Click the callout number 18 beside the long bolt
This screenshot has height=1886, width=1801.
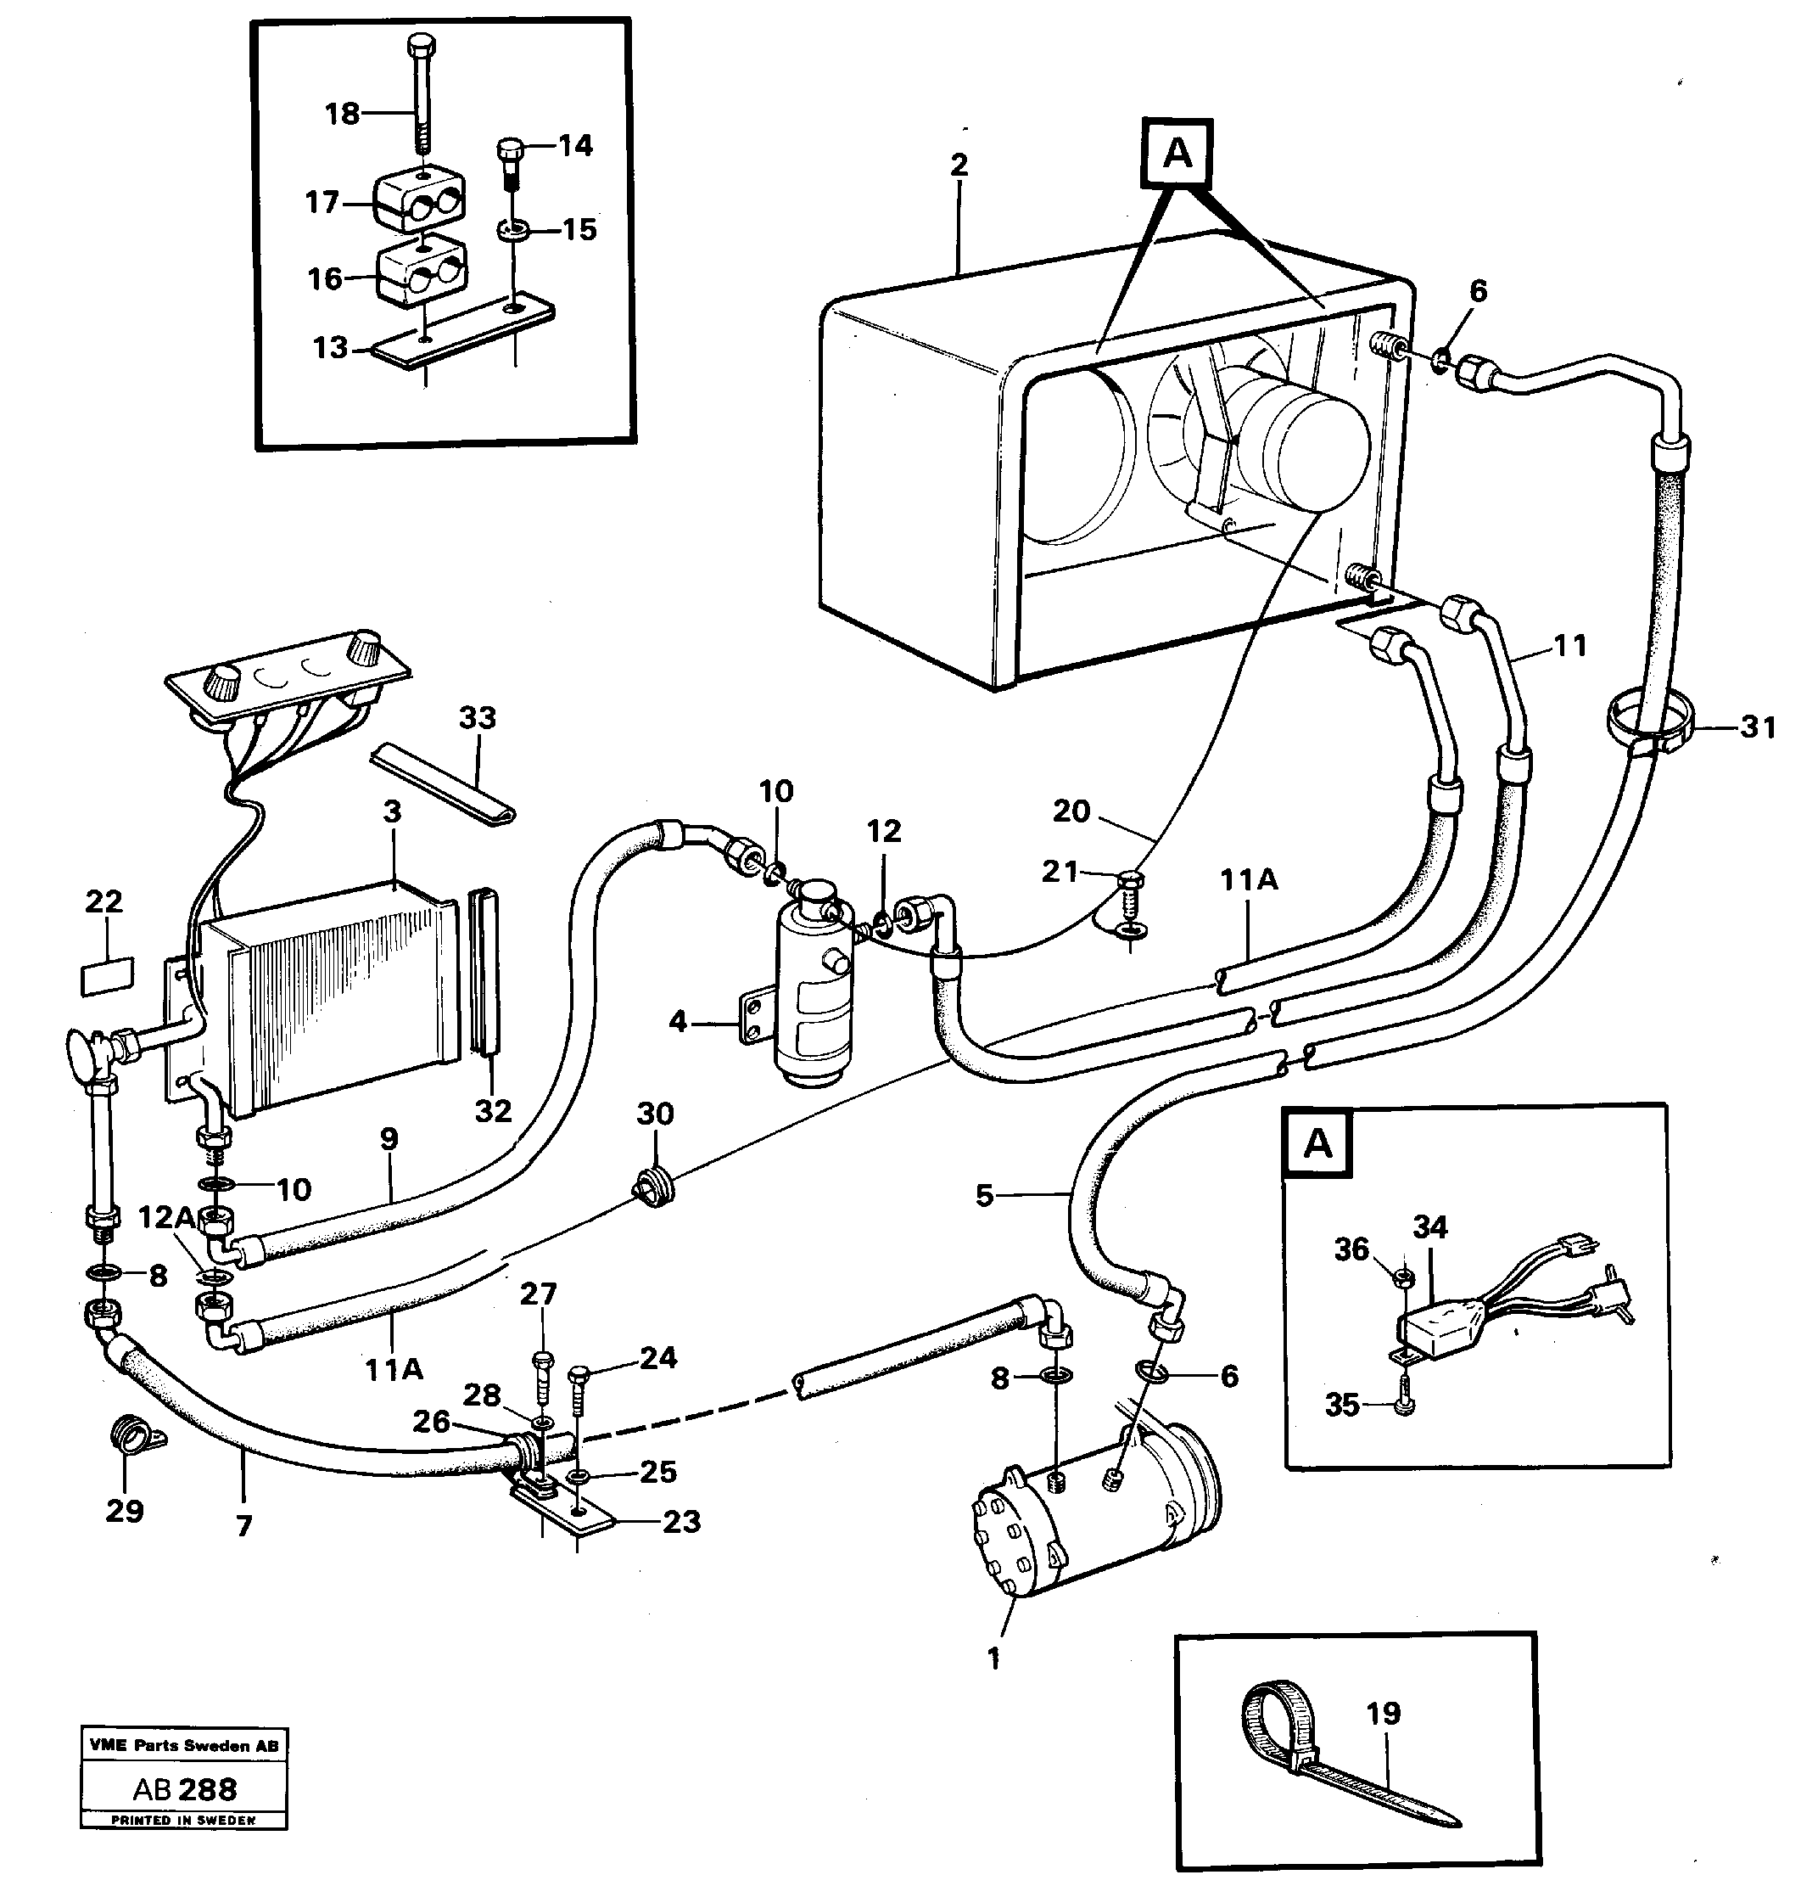(342, 115)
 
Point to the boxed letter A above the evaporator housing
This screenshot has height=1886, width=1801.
(1177, 153)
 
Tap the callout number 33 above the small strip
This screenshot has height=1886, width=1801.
(477, 717)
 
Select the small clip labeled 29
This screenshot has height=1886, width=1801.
(132, 1440)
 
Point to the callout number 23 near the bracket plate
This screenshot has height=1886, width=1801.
(680, 1521)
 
